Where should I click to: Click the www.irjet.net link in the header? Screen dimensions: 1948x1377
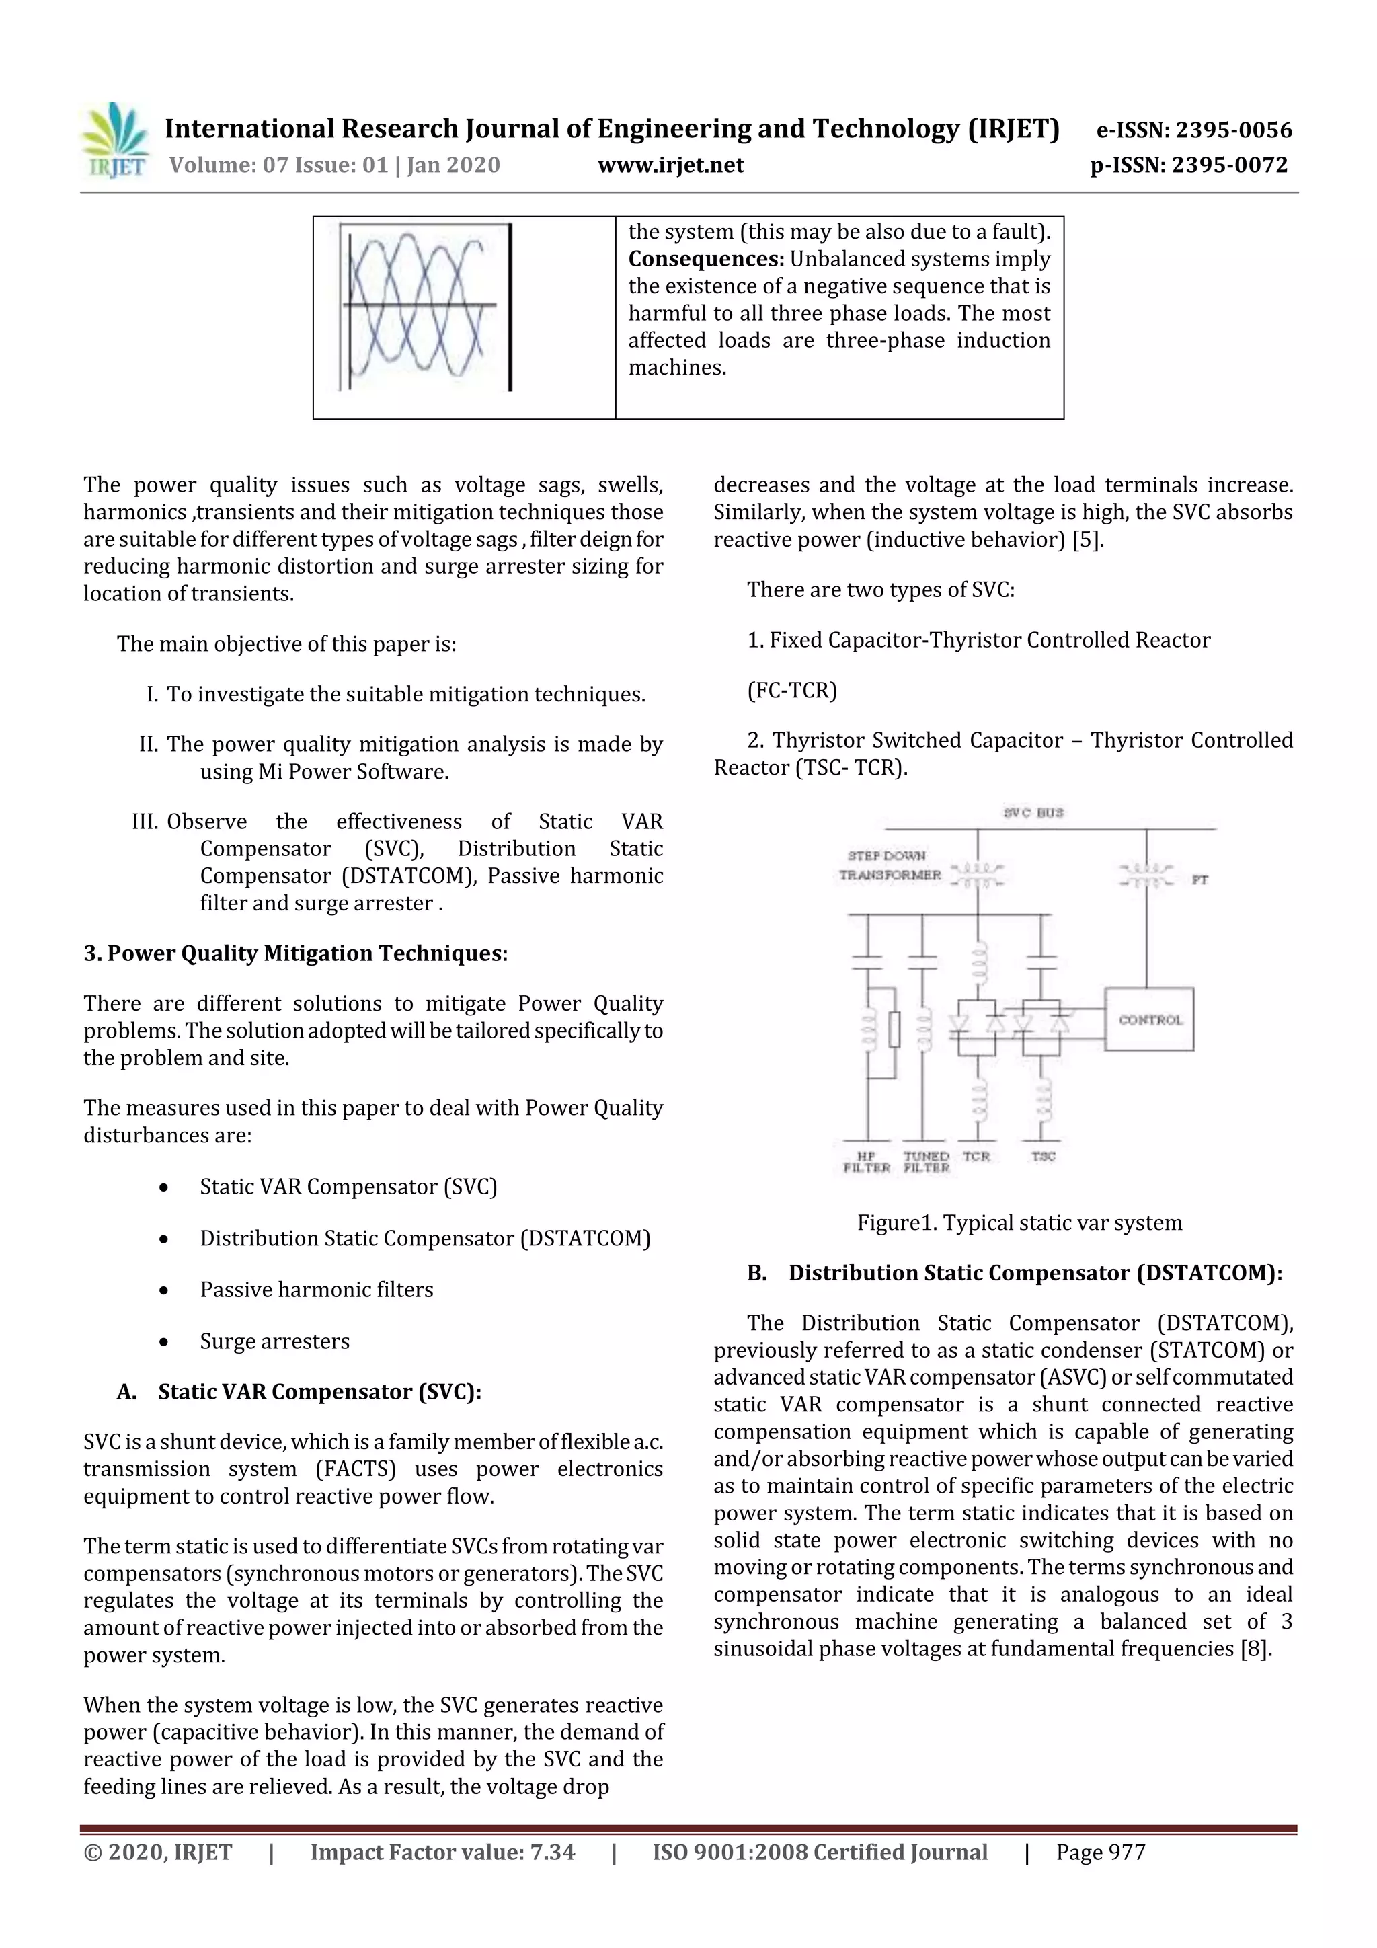tap(670, 165)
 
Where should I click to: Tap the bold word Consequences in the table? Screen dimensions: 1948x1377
tap(705, 259)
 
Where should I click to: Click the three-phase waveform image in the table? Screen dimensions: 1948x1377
tap(425, 307)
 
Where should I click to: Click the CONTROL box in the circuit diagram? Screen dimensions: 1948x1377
tap(1150, 1019)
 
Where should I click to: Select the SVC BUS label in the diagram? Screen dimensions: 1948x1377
tap(1033, 812)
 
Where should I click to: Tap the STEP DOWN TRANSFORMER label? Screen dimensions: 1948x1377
tap(889, 865)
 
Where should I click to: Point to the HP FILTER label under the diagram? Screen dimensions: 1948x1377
tap(866, 1161)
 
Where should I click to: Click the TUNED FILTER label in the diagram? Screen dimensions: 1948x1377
tap(926, 1161)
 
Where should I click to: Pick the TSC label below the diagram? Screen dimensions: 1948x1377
tap(1043, 1157)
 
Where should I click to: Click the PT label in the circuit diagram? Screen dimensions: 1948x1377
tap(1199, 880)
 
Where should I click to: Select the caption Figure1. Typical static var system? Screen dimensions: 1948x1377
tap(1019, 1222)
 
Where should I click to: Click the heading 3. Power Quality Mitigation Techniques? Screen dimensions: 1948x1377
tap(295, 953)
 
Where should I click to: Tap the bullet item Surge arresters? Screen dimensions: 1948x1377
tap(274, 1341)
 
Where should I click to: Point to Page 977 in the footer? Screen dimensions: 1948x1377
tap(1101, 1851)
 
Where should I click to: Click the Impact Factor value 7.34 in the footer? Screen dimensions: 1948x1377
tap(552, 1851)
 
